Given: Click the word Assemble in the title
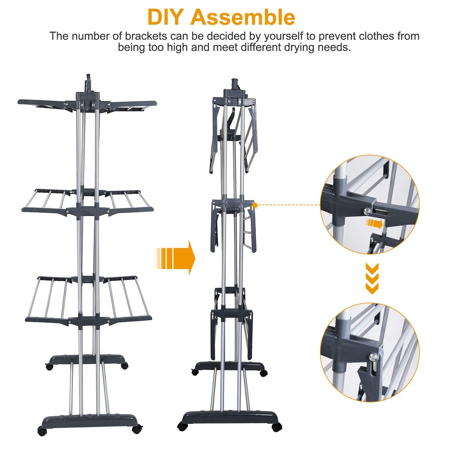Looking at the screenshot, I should [x=242, y=17].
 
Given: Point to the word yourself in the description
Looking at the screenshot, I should [x=283, y=36].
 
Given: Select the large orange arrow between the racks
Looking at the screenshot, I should [x=175, y=258].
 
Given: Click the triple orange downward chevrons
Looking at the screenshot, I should [x=372, y=279].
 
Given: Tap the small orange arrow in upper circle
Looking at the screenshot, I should [x=374, y=223].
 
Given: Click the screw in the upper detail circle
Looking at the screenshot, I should [x=368, y=211].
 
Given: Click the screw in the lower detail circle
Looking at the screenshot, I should [x=374, y=357].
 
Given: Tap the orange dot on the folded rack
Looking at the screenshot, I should [x=255, y=205].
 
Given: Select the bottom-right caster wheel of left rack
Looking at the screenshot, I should [x=137, y=430].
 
